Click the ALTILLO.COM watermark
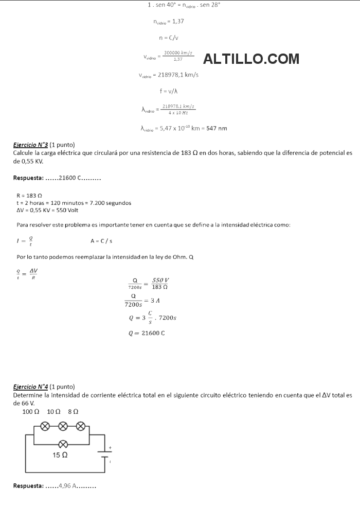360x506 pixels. click(x=251, y=59)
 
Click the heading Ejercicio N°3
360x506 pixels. click(x=30, y=145)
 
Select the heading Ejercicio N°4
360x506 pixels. click(x=30, y=387)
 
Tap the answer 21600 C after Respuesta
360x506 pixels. click(x=70, y=178)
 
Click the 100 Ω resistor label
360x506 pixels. click(x=31, y=412)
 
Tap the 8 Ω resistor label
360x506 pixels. click(x=73, y=412)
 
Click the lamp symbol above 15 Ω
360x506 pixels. click(x=63, y=443)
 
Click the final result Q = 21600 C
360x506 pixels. click(x=147, y=333)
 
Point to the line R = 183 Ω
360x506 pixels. click(x=29, y=196)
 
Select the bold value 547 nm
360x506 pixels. click(x=217, y=128)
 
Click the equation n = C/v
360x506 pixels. click(x=169, y=38)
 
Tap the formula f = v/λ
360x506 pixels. click(x=169, y=91)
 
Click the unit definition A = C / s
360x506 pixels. click(x=101, y=240)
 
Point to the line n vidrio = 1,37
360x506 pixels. click(x=169, y=21)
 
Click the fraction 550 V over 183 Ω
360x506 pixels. click(x=161, y=283)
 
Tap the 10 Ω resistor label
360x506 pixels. click(x=53, y=412)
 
